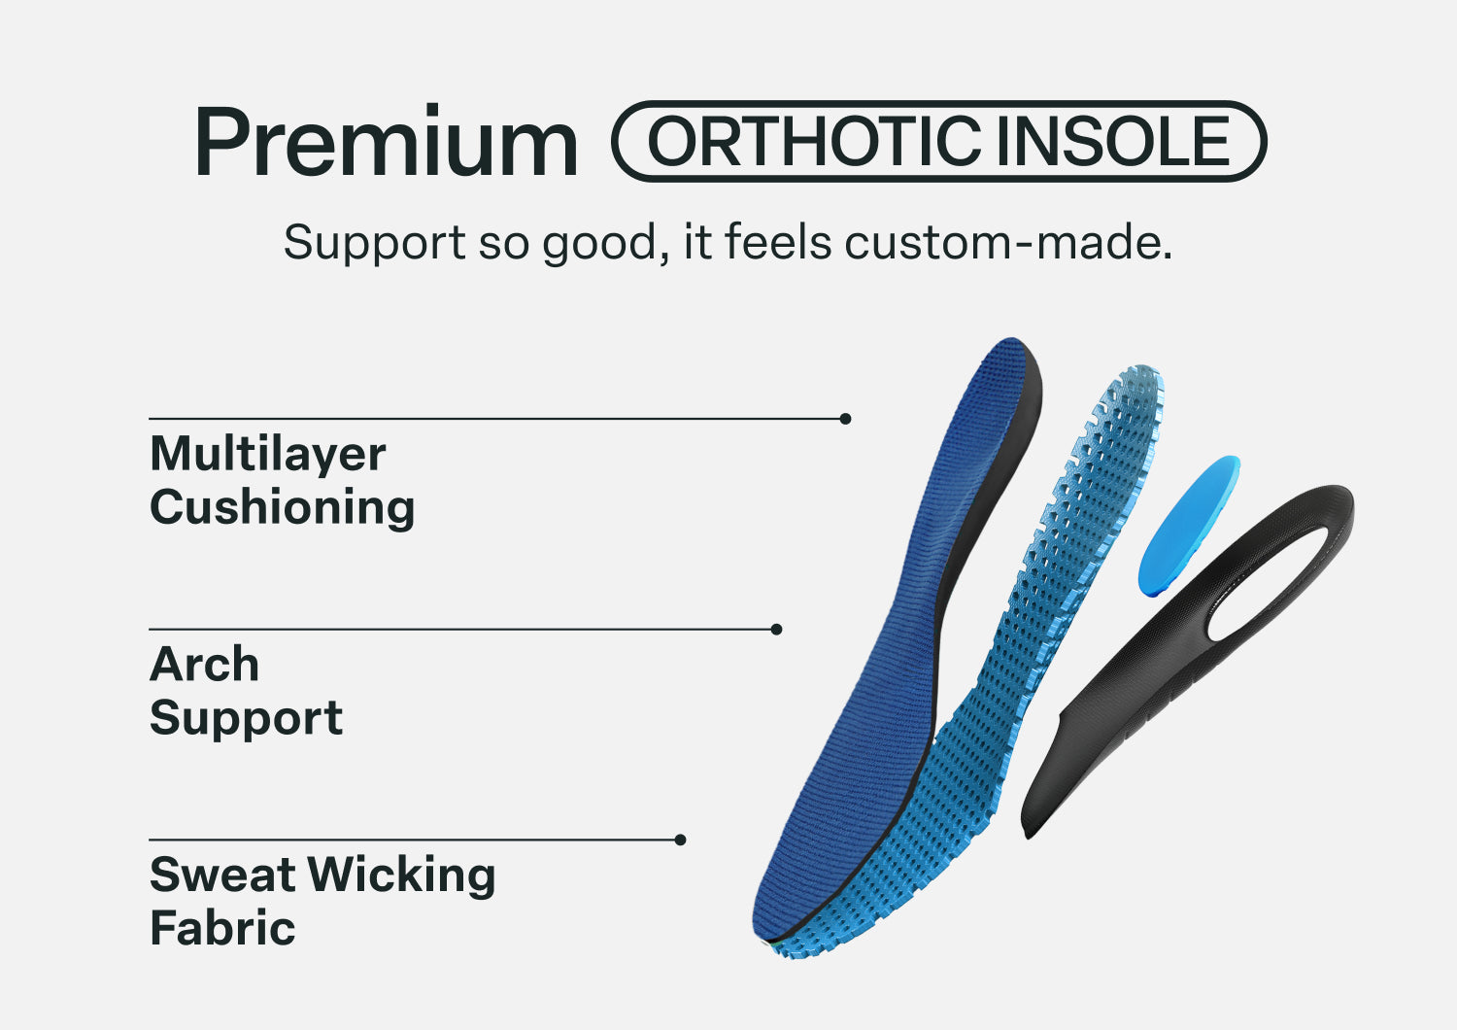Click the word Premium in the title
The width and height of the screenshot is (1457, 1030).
(386, 144)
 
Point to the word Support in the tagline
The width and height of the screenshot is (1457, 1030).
(374, 243)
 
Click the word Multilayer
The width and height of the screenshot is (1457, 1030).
(267, 454)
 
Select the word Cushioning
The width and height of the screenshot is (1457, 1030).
(282, 507)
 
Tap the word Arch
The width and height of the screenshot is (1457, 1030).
(204, 665)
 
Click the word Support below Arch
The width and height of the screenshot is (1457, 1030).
(246, 718)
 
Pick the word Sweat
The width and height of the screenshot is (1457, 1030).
(222, 875)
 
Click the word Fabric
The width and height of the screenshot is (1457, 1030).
(222, 928)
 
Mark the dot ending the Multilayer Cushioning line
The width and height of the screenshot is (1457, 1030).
(845, 419)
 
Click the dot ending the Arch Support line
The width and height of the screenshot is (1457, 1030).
(776, 630)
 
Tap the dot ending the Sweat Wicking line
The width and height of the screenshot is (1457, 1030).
(680, 840)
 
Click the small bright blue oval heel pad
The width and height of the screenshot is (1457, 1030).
(1188, 526)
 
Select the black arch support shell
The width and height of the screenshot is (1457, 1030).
(1117, 700)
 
